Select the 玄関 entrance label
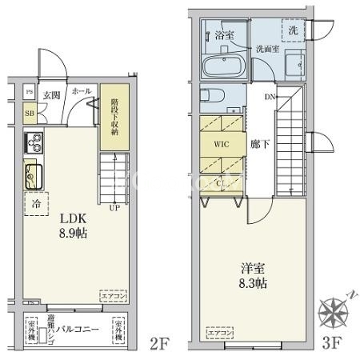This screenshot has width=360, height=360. (x=51, y=94)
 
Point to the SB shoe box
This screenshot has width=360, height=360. (x=29, y=113)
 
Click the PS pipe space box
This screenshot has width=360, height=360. (x=30, y=92)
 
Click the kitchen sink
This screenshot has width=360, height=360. (x=34, y=174)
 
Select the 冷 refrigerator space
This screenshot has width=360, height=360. (x=37, y=203)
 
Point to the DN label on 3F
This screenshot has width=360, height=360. (x=269, y=97)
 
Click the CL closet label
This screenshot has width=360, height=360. (x=222, y=183)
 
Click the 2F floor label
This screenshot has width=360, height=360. (x=160, y=345)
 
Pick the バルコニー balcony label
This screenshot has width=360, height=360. (x=78, y=329)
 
